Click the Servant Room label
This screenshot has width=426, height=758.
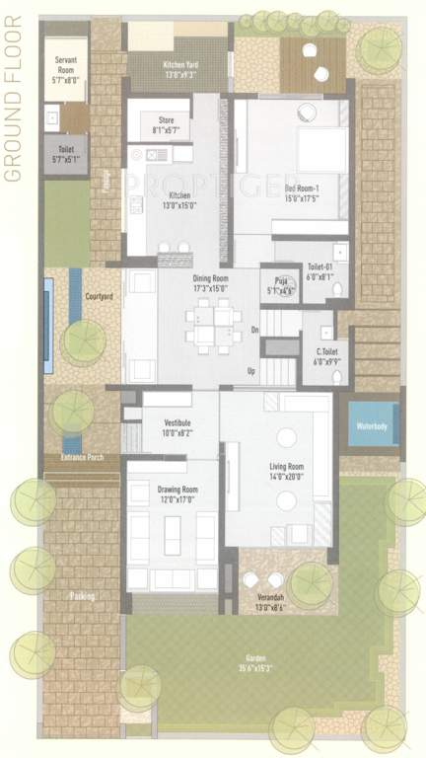(x=65, y=65)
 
